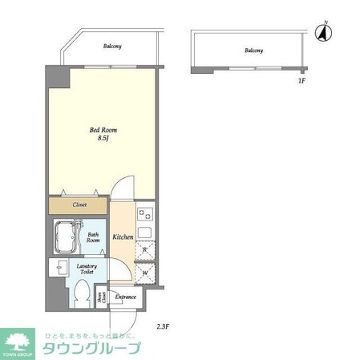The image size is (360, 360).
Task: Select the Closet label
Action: tap(80, 205)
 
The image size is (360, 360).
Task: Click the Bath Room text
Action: tap(94, 238)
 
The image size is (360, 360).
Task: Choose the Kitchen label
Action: tap(123, 237)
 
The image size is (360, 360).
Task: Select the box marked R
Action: tap(144, 252)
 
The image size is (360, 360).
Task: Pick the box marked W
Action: tap(144, 271)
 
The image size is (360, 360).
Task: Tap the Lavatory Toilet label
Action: tap(87, 269)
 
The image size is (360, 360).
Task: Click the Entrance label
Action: tap(127, 297)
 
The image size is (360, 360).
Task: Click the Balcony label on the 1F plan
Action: tap(253, 51)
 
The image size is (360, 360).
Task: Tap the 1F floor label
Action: tap(301, 81)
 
